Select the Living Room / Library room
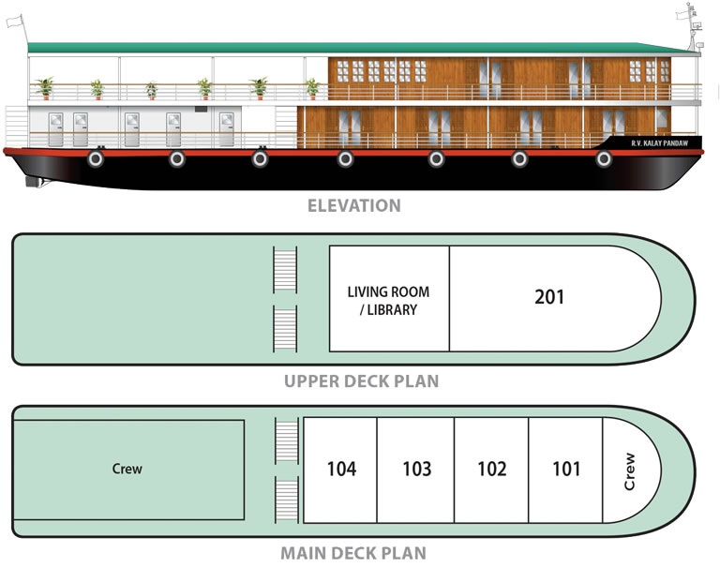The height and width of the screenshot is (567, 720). (x=389, y=299)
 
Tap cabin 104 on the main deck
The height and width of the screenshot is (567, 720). (x=340, y=470)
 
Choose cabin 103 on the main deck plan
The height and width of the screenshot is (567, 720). (x=416, y=470)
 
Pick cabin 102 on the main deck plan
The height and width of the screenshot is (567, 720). (x=492, y=470)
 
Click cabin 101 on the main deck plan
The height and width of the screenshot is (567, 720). (x=565, y=470)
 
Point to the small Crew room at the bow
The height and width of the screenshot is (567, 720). (x=631, y=470)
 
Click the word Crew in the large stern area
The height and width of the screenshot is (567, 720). (x=127, y=469)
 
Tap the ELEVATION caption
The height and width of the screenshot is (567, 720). (x=354, y=205)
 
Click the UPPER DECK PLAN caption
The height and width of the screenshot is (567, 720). (x=361, y=381)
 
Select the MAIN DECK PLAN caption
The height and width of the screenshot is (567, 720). (x=353, y=553)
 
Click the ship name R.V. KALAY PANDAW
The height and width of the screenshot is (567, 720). (x=659, y=143)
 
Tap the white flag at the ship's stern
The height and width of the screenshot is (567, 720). (x=14, y=22)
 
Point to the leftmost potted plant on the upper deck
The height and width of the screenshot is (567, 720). (x=45, y=88)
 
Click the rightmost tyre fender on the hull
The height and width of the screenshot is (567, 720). (x=604, y=158)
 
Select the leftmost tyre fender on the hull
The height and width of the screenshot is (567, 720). (x=96, y=158)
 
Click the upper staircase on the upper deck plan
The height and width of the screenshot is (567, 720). (x=285, y=270)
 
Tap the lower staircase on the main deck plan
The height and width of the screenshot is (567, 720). (x=287, y=500)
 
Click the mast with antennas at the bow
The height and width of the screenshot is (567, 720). (x=690, y=26)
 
